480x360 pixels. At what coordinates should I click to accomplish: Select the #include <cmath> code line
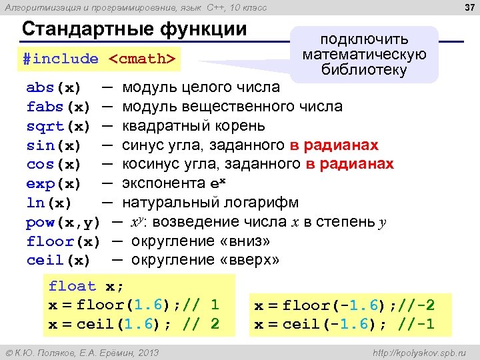point(99,59)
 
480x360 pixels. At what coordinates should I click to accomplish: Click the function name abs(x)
point(53,88)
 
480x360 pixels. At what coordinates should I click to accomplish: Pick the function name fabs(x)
point(58,107)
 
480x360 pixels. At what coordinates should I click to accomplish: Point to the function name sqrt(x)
point(58,126)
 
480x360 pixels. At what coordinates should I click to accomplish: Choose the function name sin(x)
point(53,145)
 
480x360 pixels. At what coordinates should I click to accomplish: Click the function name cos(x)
point(53,164)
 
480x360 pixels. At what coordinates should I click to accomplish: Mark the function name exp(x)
point(53,183)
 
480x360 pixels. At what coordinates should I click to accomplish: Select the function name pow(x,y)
point(63,222)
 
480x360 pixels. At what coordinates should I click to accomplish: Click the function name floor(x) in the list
point(63,241)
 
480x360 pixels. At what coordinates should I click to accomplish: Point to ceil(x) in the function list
point(58,260)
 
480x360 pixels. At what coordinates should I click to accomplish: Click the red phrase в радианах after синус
point(334,145)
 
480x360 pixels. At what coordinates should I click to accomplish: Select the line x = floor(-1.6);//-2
point(344,306)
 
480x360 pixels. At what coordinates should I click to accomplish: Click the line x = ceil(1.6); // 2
point(133,325)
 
